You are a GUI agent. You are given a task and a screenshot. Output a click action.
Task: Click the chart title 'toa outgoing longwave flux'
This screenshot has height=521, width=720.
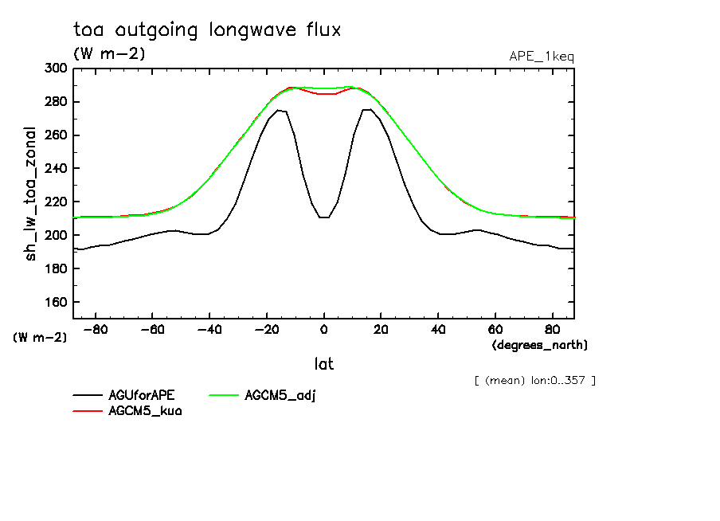click(206, 31)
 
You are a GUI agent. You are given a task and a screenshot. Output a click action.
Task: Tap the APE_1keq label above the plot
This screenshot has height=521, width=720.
click(541, 56)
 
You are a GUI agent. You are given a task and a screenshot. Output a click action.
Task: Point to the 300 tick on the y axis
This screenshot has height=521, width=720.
click(56, 69)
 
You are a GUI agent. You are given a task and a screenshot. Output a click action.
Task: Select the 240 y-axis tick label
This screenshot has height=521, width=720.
click(56, 169)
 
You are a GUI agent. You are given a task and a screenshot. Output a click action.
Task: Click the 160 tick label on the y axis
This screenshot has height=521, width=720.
click(56, 303)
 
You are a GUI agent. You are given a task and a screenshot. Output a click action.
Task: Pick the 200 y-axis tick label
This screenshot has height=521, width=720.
click(56, 236)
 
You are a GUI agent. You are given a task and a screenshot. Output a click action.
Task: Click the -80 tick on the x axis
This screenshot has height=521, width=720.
click(96, 329)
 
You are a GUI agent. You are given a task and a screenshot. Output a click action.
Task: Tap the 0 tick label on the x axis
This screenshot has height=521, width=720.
click(323, 329)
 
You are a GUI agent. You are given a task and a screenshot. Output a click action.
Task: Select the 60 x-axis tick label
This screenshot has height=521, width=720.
click(495, 329)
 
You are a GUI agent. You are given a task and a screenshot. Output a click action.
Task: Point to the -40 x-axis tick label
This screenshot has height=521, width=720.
click(209, 329)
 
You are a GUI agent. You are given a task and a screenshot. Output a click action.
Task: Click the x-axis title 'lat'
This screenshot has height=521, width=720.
click(323, 364)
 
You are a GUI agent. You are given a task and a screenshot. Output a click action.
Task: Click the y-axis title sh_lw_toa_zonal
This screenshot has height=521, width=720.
click(31, 194)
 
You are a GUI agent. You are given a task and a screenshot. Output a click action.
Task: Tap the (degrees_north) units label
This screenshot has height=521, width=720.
click(540, 345)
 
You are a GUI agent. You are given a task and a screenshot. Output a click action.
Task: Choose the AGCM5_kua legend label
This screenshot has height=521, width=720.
click(145, 411)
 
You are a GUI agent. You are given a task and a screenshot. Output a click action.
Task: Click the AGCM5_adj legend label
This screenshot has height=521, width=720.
click(280, 395)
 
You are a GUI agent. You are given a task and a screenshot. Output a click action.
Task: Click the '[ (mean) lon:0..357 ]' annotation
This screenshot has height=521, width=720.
click(534, 380)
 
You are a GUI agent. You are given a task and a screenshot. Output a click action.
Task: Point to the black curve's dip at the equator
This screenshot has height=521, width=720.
click(323, 217)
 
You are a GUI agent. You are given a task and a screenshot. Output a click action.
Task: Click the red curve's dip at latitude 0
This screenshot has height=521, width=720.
click(323, 94)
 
